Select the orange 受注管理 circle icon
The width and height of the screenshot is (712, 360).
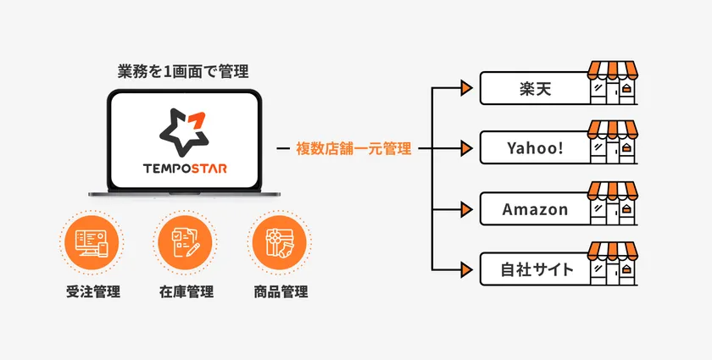92,244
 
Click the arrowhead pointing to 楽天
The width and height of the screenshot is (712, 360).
464,88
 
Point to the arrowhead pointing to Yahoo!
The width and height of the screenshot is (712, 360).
464,149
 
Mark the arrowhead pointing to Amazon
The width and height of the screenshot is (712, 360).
464,209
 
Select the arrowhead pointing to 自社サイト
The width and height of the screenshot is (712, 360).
464,270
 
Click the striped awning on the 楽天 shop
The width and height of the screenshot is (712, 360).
615,70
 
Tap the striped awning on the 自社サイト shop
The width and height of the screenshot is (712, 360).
615,252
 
